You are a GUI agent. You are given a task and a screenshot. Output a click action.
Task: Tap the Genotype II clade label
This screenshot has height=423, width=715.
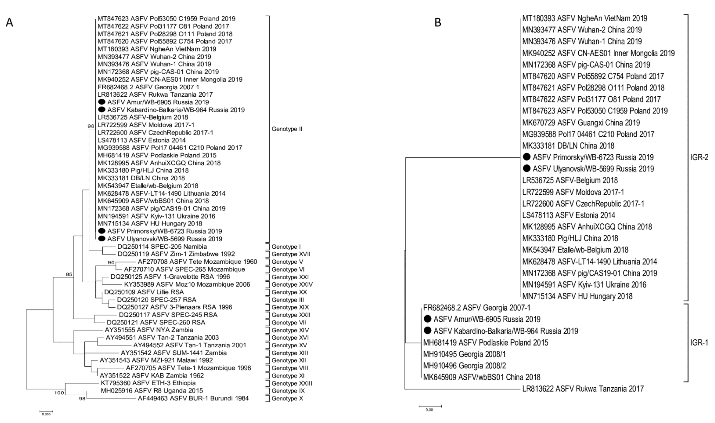click(x=287, y=129)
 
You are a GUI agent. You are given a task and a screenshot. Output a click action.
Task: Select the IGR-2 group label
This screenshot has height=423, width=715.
click(x=699, y=157)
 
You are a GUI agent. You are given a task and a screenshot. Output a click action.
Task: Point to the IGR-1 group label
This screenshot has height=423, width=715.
click(x=699, y=342)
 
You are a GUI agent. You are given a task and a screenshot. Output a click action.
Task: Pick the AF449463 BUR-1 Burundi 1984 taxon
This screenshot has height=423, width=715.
click(x=193, y=398)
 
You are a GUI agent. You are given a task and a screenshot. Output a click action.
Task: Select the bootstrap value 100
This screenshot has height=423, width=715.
click(x=59, y=393)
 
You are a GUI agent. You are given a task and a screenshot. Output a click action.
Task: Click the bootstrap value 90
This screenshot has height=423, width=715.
click(x=111, y=263)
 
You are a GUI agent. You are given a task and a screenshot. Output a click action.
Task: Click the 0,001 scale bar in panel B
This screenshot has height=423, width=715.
click(x=430, y=406)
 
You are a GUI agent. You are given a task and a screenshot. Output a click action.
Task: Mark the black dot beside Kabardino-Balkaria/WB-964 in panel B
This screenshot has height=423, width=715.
click(x=427, y=331)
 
